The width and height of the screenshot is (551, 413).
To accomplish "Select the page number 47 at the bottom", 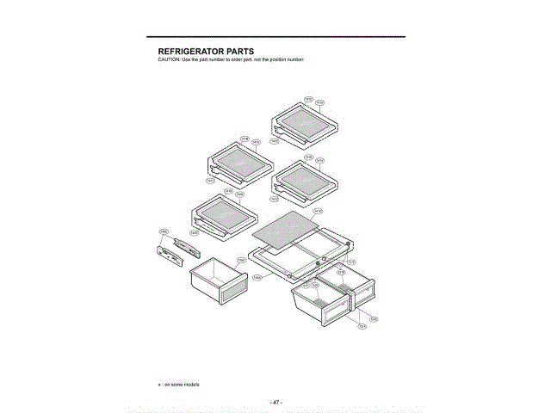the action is [275, 401].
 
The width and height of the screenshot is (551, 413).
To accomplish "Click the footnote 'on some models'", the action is [182, 384].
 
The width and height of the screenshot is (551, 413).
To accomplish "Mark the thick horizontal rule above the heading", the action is [275, 37].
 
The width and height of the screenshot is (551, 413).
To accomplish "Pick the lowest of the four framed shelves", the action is [220, 214].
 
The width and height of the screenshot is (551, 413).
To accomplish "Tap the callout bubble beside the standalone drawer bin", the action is [242, 259].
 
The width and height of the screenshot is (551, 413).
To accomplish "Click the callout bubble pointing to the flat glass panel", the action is [318, 211].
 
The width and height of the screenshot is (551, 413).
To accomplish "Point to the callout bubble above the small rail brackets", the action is [164, 231].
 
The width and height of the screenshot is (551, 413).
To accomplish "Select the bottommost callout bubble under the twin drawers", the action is [362, 326].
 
